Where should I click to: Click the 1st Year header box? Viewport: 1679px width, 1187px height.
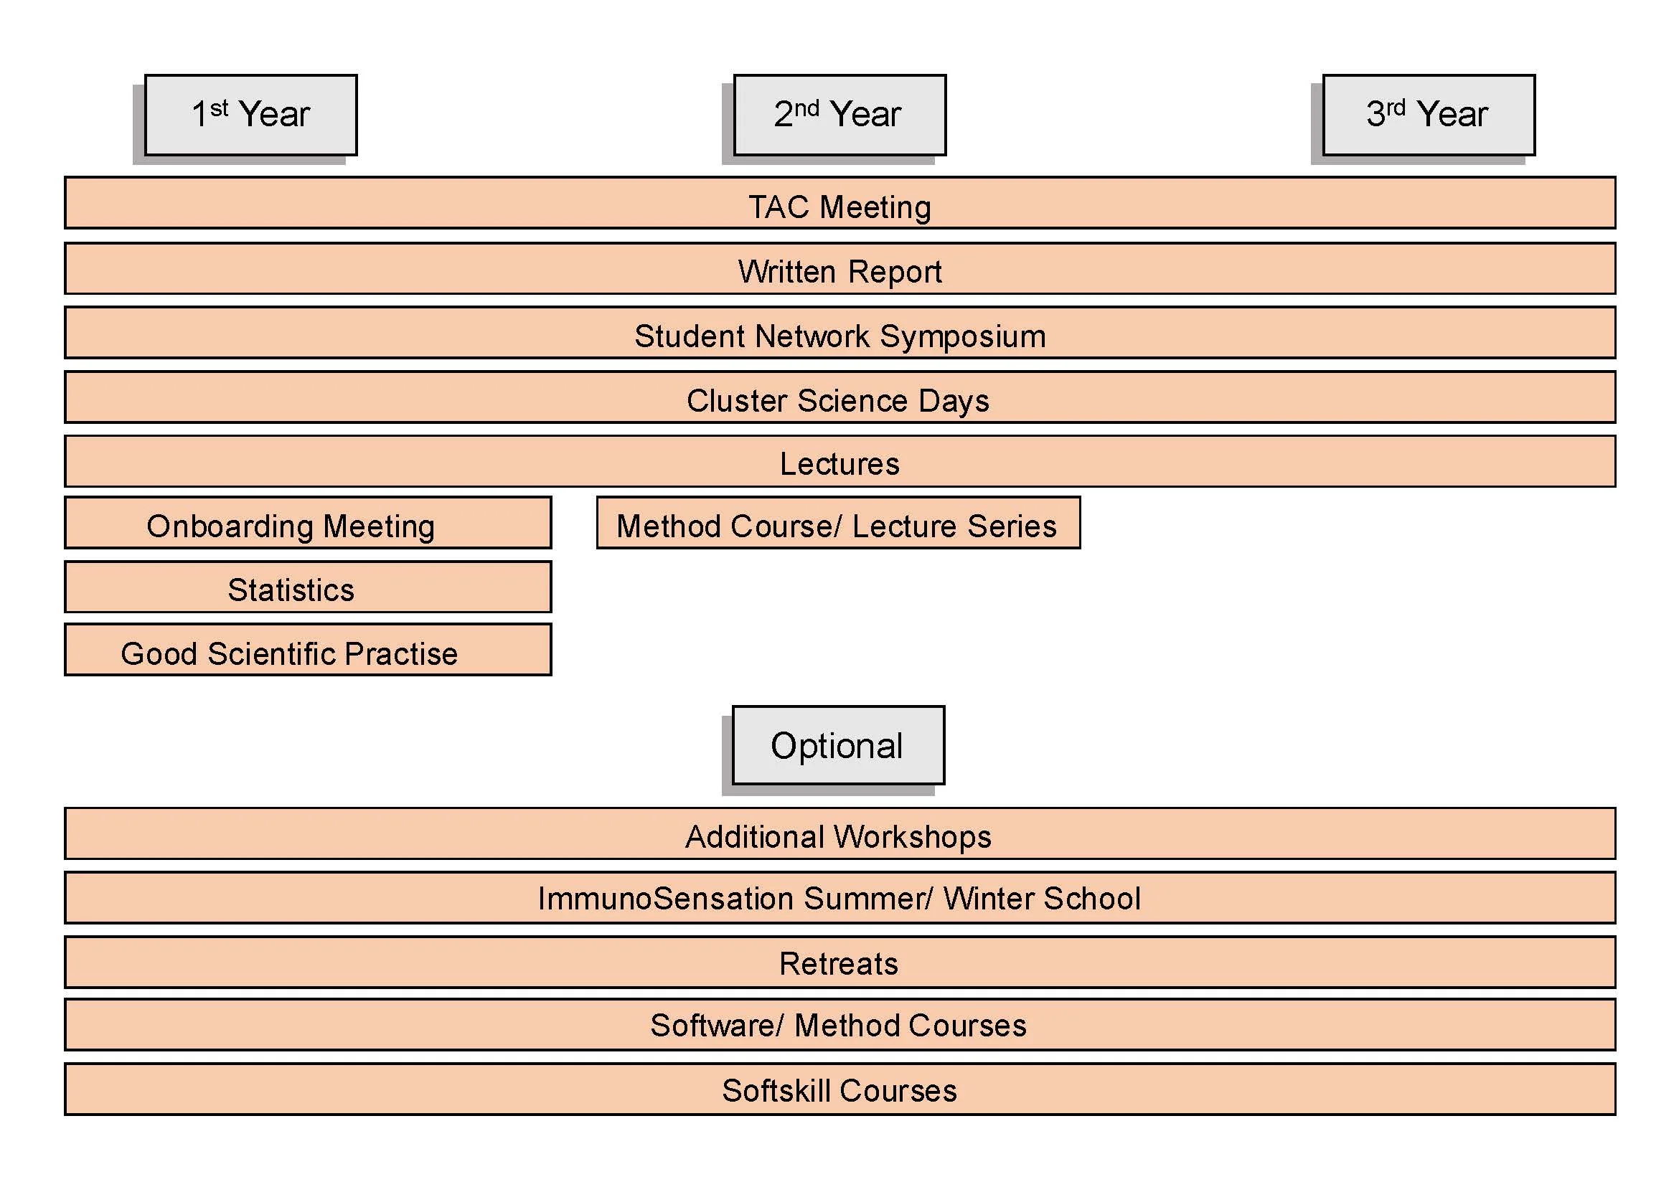251,115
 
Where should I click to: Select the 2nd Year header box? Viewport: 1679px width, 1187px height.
839,115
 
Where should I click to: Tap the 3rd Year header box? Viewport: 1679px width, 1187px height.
1428,115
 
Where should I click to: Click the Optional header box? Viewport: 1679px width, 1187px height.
838,745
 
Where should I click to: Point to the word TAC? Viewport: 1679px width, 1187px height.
779,207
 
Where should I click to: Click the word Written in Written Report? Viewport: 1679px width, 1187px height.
787,272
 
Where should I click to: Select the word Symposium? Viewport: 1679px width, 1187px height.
962,337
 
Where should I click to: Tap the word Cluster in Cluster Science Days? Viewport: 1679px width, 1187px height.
736,400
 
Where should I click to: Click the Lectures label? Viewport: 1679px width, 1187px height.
839,464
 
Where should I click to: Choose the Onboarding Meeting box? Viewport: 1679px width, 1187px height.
308,524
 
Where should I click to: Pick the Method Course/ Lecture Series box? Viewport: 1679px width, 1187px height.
838,524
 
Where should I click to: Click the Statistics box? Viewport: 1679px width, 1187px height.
308,587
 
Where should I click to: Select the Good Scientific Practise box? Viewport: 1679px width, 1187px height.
308,651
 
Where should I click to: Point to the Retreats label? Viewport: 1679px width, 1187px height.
838,964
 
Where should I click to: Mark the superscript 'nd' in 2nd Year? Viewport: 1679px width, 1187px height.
806,108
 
